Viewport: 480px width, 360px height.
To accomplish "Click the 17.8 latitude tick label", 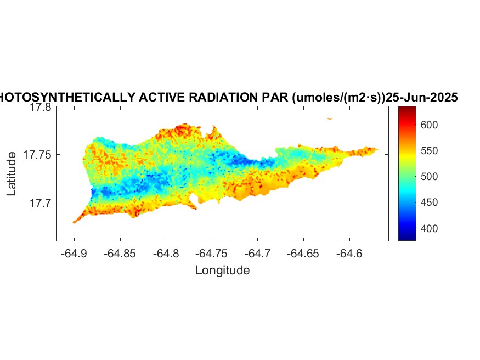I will (41, 108).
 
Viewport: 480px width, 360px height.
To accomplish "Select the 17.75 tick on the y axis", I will (37, 155).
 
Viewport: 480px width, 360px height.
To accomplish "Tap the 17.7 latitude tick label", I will (41, 203).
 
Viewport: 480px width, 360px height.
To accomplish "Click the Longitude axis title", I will (222, 270).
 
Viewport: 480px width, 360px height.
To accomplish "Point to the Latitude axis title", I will (12, 174).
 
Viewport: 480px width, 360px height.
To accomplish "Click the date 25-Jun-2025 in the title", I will (422, 98).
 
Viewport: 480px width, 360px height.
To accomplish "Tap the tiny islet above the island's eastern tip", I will (330, 118).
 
